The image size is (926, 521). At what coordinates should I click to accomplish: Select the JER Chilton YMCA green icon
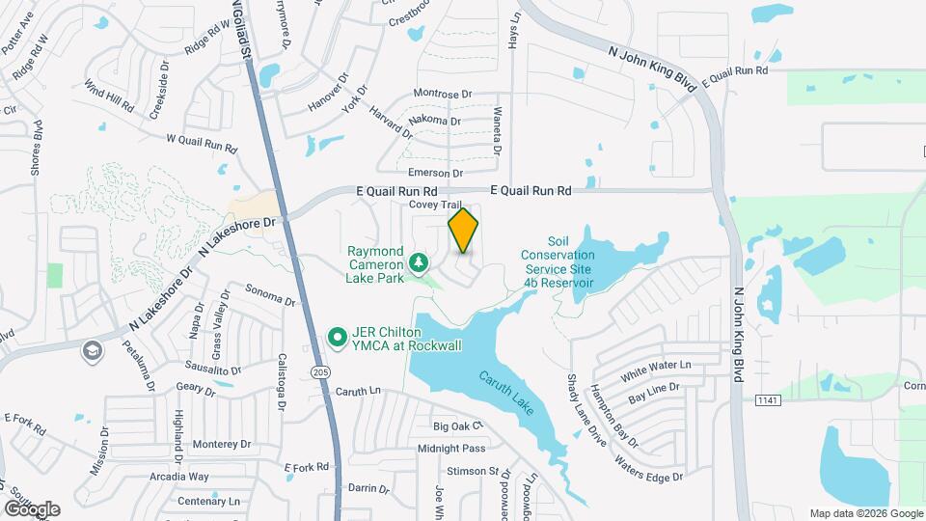[338, 337]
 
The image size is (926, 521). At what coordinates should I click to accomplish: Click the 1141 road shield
[767, 399]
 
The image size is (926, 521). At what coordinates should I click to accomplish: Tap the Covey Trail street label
[436, 205]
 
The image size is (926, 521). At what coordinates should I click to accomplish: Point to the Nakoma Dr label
[435, 121]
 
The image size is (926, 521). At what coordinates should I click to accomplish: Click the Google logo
[31, 508]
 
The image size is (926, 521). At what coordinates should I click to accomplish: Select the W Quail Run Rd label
[202, 144]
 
